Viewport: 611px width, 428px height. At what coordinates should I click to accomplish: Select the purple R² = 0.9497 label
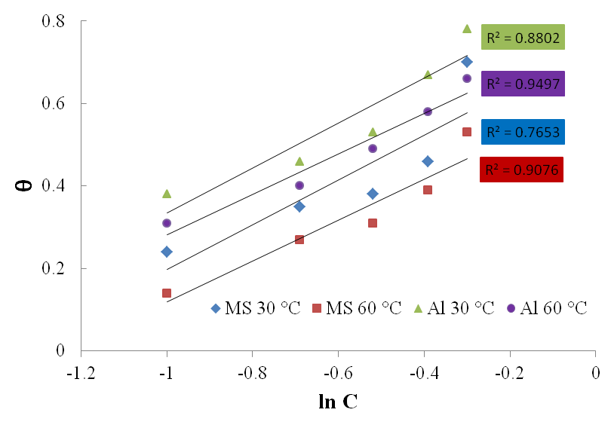[x=522, y=84]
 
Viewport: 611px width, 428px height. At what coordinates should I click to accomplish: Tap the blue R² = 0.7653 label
[x=523, y=131]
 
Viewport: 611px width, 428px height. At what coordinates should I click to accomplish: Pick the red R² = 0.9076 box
[x=522, y=170]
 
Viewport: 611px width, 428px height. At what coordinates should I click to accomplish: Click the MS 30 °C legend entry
[x=256, y=307]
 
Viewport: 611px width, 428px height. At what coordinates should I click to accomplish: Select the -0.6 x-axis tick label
[x=338, y=371]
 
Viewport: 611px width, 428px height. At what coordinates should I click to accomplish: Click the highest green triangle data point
[x=467, y=29]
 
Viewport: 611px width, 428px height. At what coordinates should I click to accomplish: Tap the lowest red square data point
[x=167, y=293]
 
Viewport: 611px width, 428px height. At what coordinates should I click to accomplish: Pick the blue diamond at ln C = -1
[x=167, y=252]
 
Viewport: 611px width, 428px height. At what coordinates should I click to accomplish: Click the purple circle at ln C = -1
[x=167, y=223]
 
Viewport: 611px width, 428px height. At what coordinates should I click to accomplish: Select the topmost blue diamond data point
[x=467, y=62]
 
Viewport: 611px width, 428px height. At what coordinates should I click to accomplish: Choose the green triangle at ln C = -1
[x=167, y=194]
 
